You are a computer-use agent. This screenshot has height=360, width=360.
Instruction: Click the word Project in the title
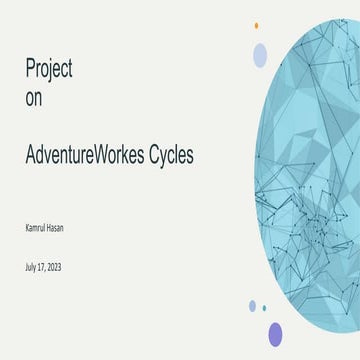point(49,69)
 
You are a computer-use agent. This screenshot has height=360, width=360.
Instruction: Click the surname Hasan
point(64,228)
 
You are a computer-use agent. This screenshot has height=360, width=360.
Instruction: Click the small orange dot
point(257,25)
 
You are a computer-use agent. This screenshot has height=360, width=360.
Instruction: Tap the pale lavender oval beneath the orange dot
point(260,54)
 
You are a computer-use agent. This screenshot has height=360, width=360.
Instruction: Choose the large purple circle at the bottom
point(275,334)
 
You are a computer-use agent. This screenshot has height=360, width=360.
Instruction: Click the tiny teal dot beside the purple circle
point(264,309)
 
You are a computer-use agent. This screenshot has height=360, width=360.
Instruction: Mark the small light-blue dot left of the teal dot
point(252,306)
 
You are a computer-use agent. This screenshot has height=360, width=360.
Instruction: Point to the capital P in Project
point(30,69)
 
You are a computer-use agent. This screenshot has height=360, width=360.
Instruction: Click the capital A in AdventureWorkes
point(31,156)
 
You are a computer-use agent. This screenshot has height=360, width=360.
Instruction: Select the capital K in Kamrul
point(27,228)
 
